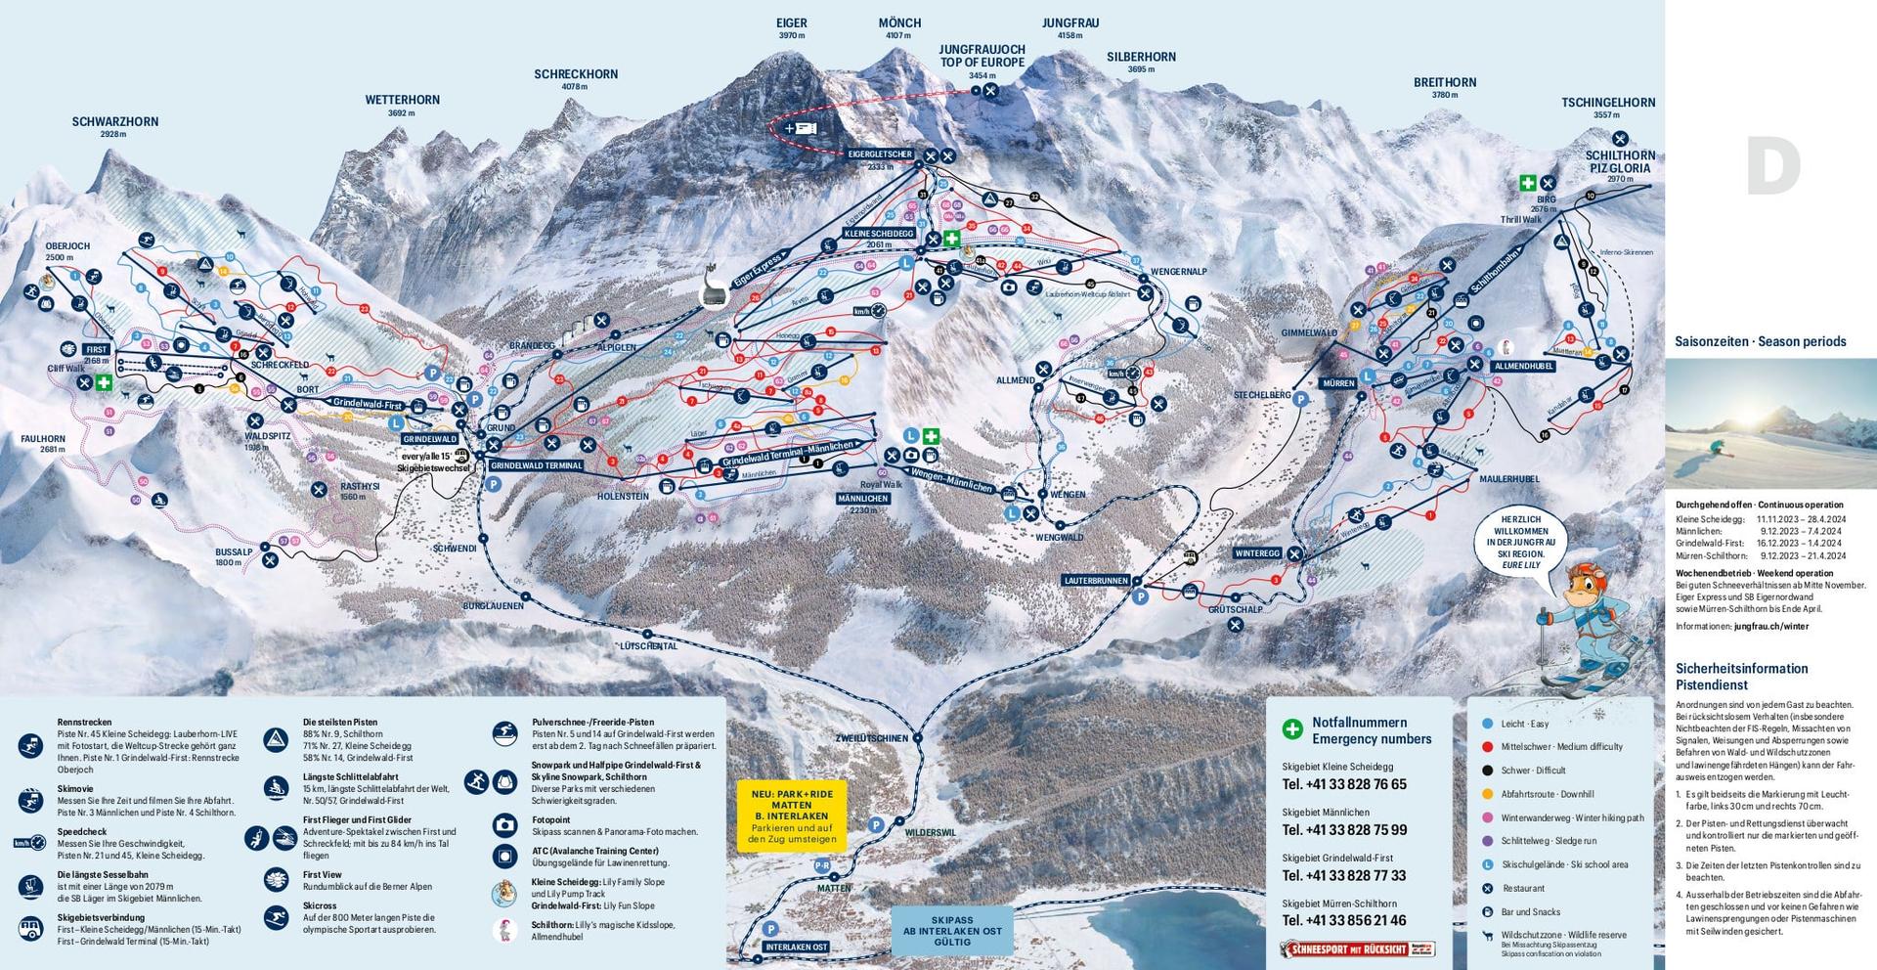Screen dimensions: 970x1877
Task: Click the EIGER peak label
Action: pos(791,22)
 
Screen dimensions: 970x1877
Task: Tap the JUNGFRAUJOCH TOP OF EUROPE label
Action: pos(982,56)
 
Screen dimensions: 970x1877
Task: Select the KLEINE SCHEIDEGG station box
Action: pos(879,234)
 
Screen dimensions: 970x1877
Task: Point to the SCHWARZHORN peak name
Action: pos(114,122)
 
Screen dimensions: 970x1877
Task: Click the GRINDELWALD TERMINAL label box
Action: pos(537,466)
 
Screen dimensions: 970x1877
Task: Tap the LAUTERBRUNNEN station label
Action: pos(1097,581)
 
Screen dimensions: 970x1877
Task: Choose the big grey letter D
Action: pos(1772,167)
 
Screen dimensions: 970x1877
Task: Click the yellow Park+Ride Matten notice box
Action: pos(791,816)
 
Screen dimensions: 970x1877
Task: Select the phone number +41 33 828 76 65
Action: pos(1344,784)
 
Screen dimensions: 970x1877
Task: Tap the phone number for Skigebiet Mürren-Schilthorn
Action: pos(1344,920)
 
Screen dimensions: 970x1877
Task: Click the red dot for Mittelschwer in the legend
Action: pos(1487,747)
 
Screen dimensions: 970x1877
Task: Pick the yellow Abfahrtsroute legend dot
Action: pos(1487,794)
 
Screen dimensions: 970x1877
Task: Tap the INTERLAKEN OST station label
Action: pos(797,948)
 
